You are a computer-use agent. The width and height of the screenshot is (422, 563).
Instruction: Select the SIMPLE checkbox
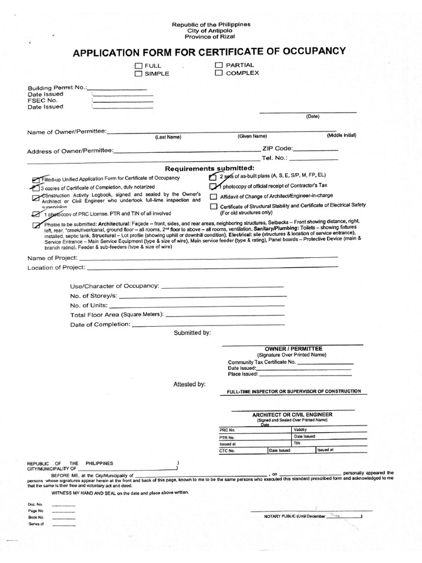(x=138, y=73)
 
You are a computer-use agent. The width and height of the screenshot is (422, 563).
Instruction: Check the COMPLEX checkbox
(x=218, y=73)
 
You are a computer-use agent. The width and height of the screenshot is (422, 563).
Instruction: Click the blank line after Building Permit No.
(x=117, y=89)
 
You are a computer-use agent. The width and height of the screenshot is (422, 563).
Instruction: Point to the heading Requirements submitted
(x=210, y=168)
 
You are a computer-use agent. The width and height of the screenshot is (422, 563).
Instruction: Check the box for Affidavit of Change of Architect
(x=213, y=196)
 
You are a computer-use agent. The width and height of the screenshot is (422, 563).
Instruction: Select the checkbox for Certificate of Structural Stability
(x=213, y=206)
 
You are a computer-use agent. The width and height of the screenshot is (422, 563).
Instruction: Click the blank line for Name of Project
(x=212, y=257)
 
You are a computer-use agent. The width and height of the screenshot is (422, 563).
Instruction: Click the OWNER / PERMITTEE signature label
(x=293, y=349)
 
